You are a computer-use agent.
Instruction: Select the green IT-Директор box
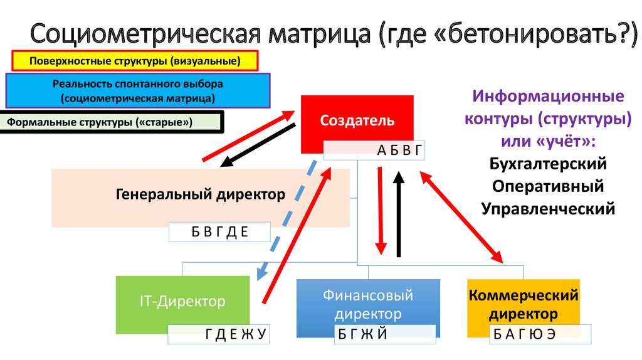coord(182,302)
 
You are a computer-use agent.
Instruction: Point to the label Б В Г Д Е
coord(219,232)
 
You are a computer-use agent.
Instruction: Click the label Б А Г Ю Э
coord(540,334)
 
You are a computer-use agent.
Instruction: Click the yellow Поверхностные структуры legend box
coord(135,61)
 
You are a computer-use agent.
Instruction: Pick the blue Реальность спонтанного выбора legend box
coord(137,90)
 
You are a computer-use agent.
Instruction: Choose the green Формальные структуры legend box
coord(113,122)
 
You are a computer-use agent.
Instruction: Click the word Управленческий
coord(548,208)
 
